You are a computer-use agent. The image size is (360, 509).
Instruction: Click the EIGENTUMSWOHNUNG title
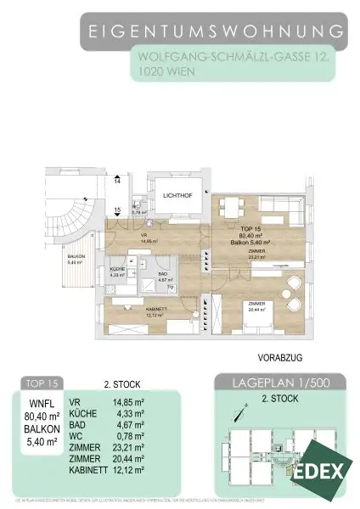pos(217,31)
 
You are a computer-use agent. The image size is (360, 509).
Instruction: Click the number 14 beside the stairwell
pos(118,181)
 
